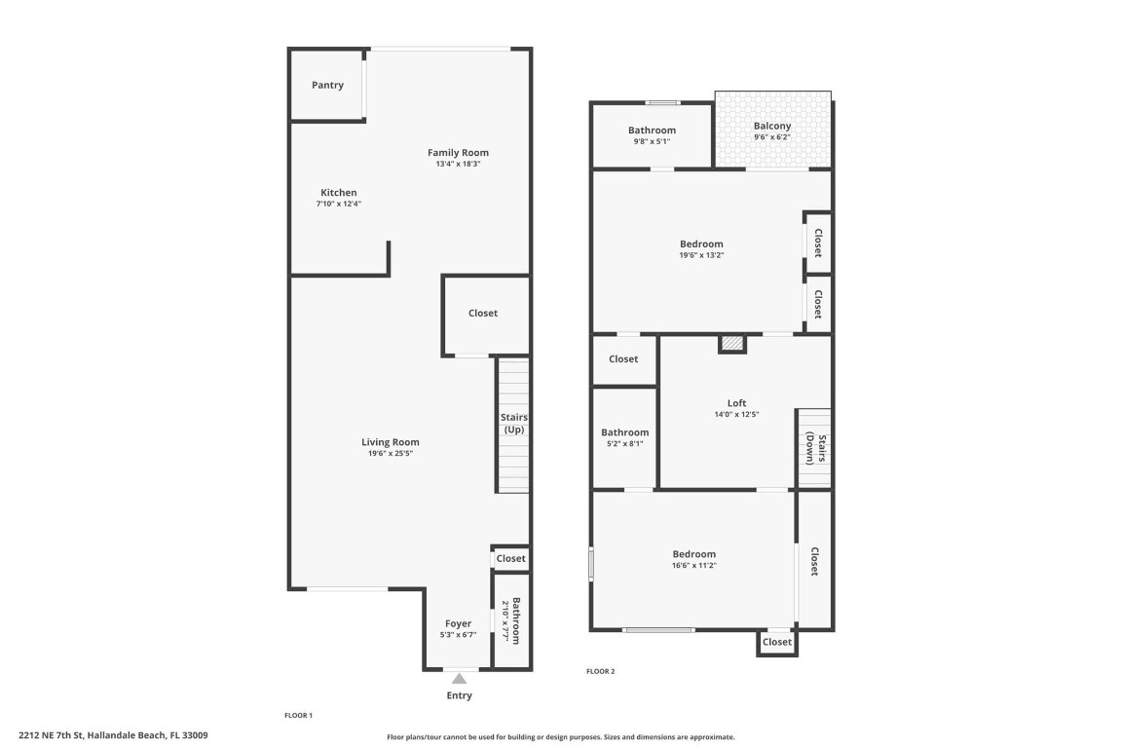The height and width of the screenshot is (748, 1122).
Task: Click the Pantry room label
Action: [x=327, y=86]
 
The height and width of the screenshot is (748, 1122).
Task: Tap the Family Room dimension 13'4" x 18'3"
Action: [x=458, y=165]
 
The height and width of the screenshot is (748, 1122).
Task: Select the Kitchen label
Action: [x=338, y=193]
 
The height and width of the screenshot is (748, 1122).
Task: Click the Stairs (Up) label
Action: [x=513, y=423]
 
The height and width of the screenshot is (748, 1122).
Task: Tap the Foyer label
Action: [x=458, y=623]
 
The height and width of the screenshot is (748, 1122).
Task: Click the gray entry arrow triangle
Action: [x=459, y=678]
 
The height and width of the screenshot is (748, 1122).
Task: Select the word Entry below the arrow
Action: [x=459, y=695]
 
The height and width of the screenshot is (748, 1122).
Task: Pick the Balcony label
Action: [x=772, y=126]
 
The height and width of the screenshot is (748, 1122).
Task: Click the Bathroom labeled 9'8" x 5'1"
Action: [x=652, y=131]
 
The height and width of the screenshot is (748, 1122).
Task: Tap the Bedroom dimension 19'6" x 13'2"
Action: [x=701, y=255]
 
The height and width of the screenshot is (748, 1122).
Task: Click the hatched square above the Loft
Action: [x=732, y=343]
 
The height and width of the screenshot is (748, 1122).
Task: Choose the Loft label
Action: [x=736, y=403]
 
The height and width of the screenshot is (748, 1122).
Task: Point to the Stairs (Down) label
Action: [x=816, y=449]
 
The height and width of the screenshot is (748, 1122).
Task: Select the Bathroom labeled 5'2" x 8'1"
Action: [x=624, y=432]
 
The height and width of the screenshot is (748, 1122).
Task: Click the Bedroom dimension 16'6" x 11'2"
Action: [x=693, y=566]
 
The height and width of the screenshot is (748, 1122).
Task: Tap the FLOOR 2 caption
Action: [x=600, y=671]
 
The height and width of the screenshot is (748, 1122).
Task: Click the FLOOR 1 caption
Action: [x=298, y=715]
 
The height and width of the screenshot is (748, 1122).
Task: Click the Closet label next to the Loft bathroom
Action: [x=623, y=359]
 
